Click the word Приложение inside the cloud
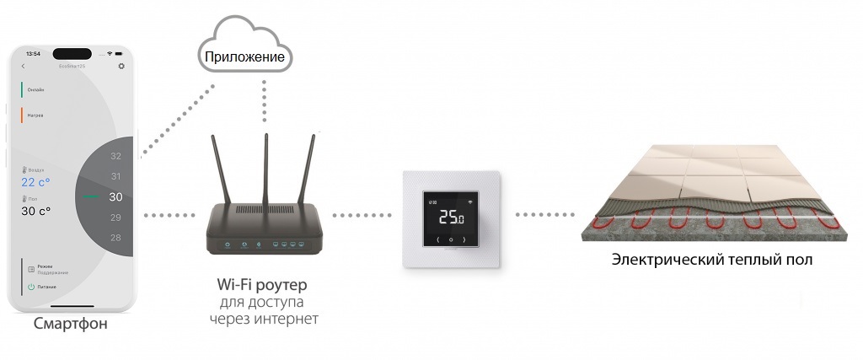(x=246, y=56)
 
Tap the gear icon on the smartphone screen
(x=121, y=66)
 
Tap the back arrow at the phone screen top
(x=23, y=66)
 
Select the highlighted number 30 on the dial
(x=116, y=197)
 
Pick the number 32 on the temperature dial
(x=116, y=157)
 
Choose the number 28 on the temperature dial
(x=116, y=238)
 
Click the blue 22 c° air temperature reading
(x=36, y=182)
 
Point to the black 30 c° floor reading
(x=36, y=211)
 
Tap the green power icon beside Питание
(x=30, y=287)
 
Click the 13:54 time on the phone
(x=34, y=53)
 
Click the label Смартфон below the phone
(x=71, y=324)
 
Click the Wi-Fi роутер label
(x=261, y=284)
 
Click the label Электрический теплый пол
(x=713, y=260)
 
